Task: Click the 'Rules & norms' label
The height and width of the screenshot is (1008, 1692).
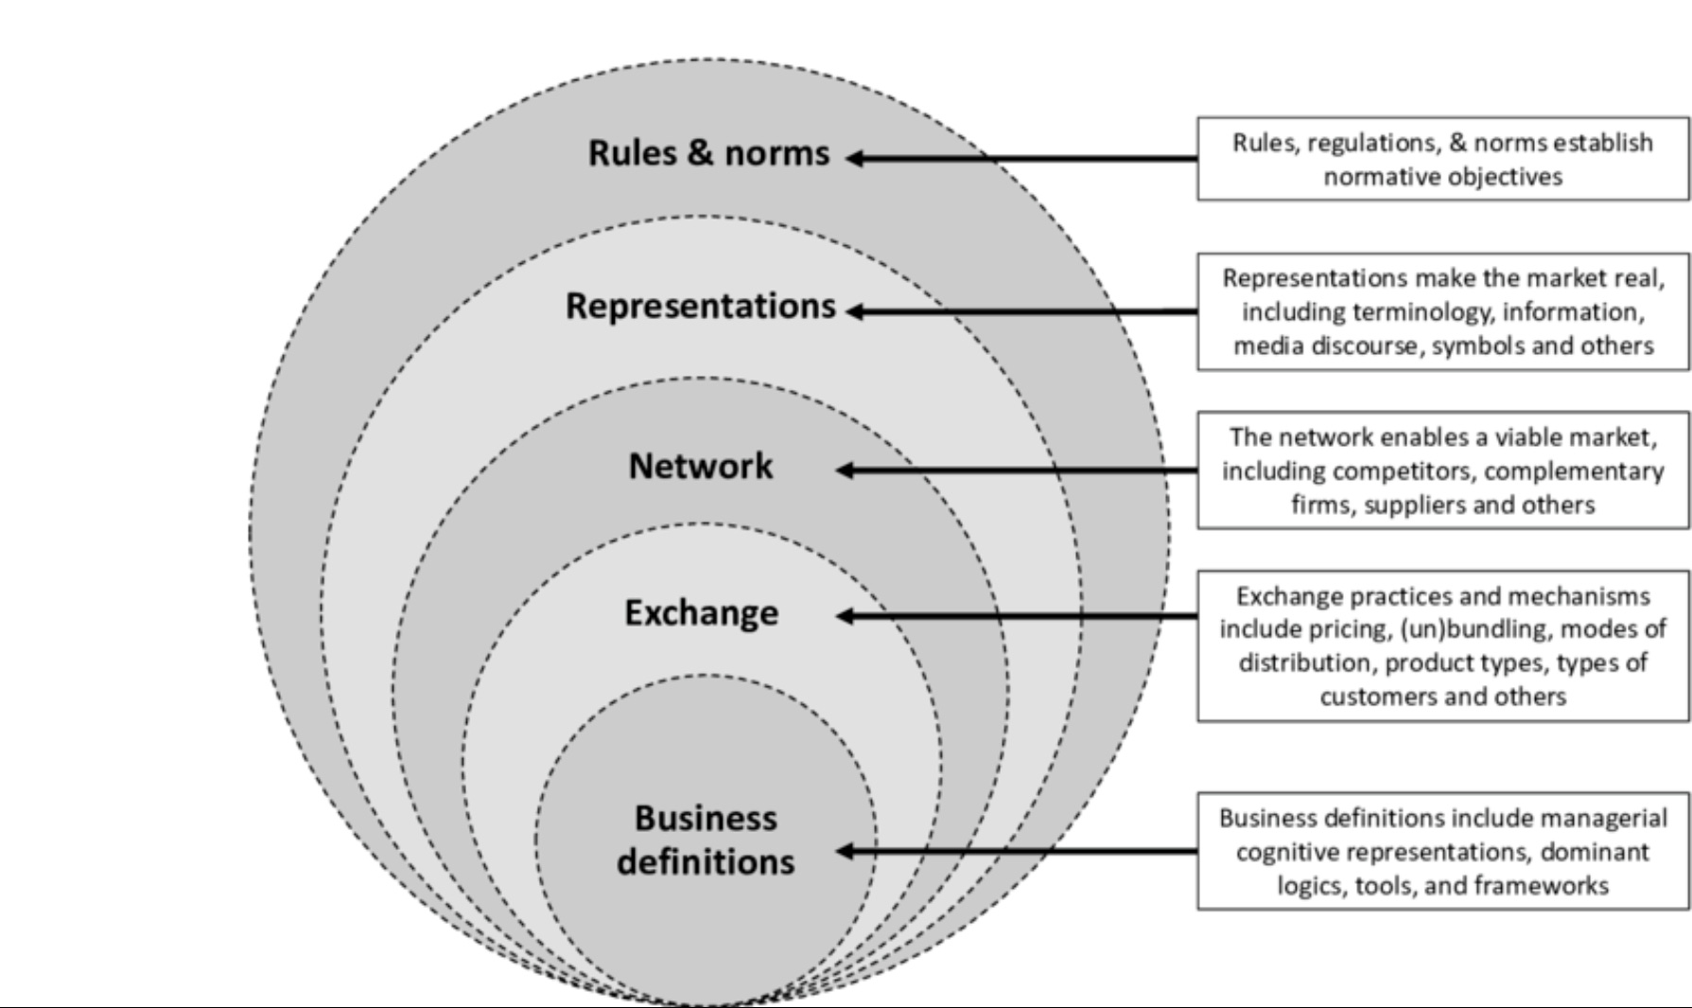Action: [x=708, y=153]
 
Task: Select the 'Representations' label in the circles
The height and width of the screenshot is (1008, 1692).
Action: [x=701, y=307]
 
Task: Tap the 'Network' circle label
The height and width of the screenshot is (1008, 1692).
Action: [x=701, y=466]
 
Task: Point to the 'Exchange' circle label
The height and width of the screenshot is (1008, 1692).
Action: [x=701, y=613]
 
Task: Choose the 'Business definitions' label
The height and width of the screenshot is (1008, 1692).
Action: [x=706, y=840]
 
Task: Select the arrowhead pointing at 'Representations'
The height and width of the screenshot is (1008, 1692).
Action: [x=855, y=310]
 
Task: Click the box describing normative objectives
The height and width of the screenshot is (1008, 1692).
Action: [x=1442, y=159]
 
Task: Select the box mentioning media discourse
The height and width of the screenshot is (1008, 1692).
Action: [x=1442, y=311]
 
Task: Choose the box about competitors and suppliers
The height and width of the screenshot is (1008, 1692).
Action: [x=1442, y=470]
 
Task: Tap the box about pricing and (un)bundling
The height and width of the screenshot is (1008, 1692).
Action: [x=1442, y=646]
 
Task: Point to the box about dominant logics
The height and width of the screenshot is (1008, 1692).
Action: [x=1442, y=851]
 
